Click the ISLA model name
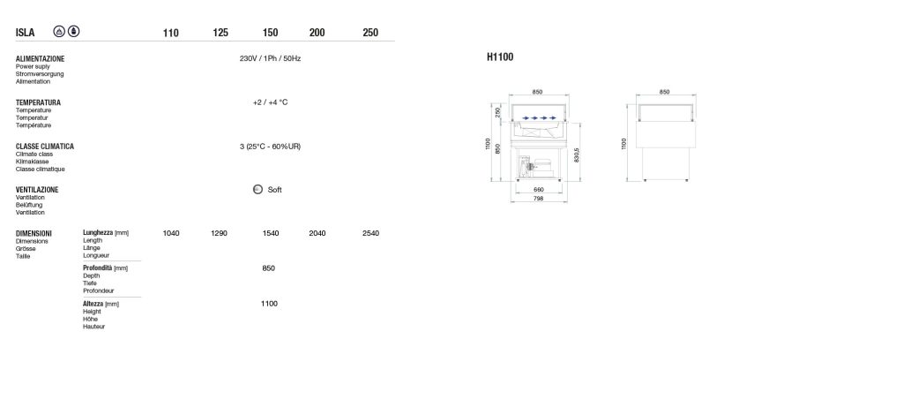point(25,33)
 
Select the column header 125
point(220,33)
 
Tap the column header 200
point(317,33)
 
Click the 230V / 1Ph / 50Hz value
point(270,59)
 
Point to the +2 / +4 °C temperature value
point(270,102)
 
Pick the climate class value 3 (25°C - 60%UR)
point(270,147)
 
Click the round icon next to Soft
point(258,189)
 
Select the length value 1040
point(171,233)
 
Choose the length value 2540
point(371,233)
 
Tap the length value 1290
point(219,233)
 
